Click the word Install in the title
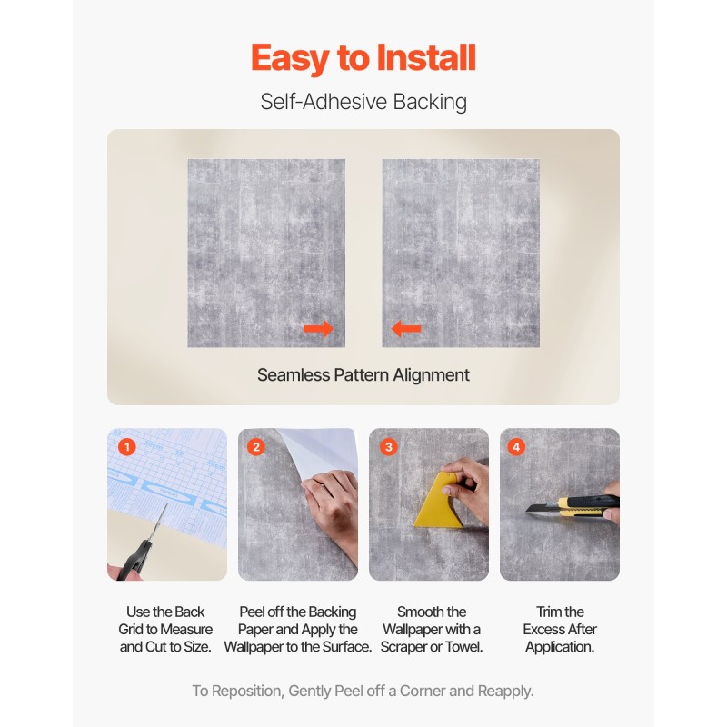(x=426, y=57)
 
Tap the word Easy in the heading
(x=291, y=59)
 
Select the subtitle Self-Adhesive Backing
(x=363, y=102)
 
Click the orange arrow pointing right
(x=318, y=329)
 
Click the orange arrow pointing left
(x=406, y=329)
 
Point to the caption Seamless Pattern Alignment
(x=363, y=375)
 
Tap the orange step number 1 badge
(x=126, y=447)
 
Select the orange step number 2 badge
(x=256, y=447)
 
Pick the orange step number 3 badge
(x=389, y=447)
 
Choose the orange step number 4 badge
(x=516, y=447)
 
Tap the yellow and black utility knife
(x=573, y=505)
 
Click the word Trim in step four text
(x=546, y=612)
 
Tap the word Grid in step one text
(x=131, y=630)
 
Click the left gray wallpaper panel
(x=266, y=254)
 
